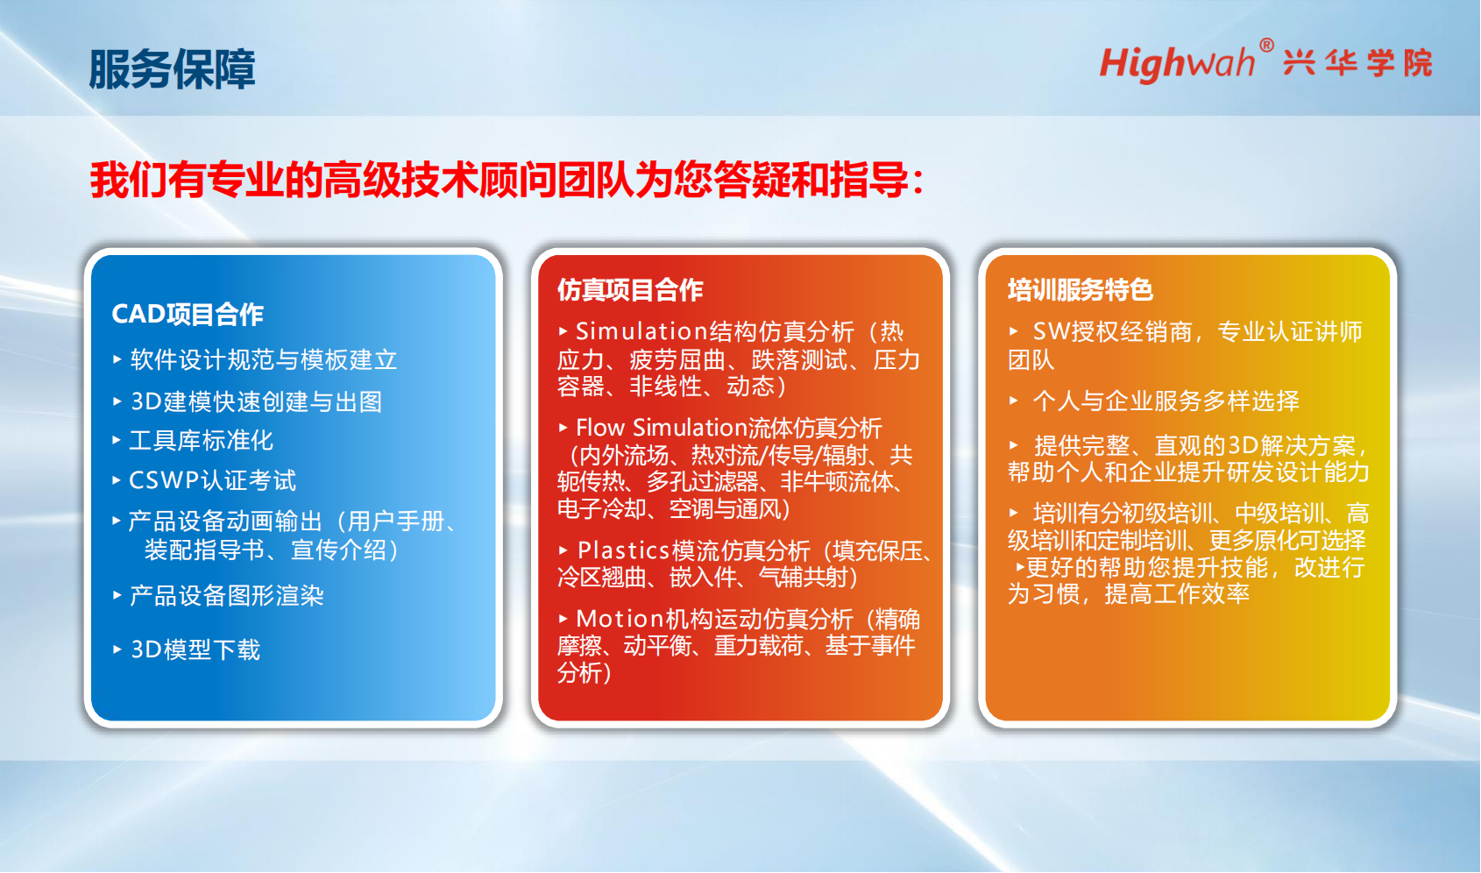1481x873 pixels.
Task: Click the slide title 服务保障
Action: pyautogui.click(x=172, y=68)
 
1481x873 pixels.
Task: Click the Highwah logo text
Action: pyautogui.click(x=1177, y=64)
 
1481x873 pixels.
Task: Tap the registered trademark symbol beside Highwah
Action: pyautogui.click(x=1266, y=45)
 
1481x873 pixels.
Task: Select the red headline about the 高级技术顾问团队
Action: pyautogui.click(x=507, y=180)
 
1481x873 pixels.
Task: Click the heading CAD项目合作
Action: pyautogui.click(x=188, y=314)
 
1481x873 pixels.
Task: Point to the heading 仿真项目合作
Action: pyautogui.click(x=630, y=289)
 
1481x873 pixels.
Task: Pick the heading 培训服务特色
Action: pyautogui.click(x=1081, y=289)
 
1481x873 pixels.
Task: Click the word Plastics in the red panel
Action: pyautogui.click(x=623, y=550)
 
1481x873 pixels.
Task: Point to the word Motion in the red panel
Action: pyautogui.click(x=620, y=619)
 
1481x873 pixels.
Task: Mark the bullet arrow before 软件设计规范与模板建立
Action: pyautogui.click(x=117, y=359)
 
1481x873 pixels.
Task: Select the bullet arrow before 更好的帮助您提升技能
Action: pyautogui.click(x=1020, y=567)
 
